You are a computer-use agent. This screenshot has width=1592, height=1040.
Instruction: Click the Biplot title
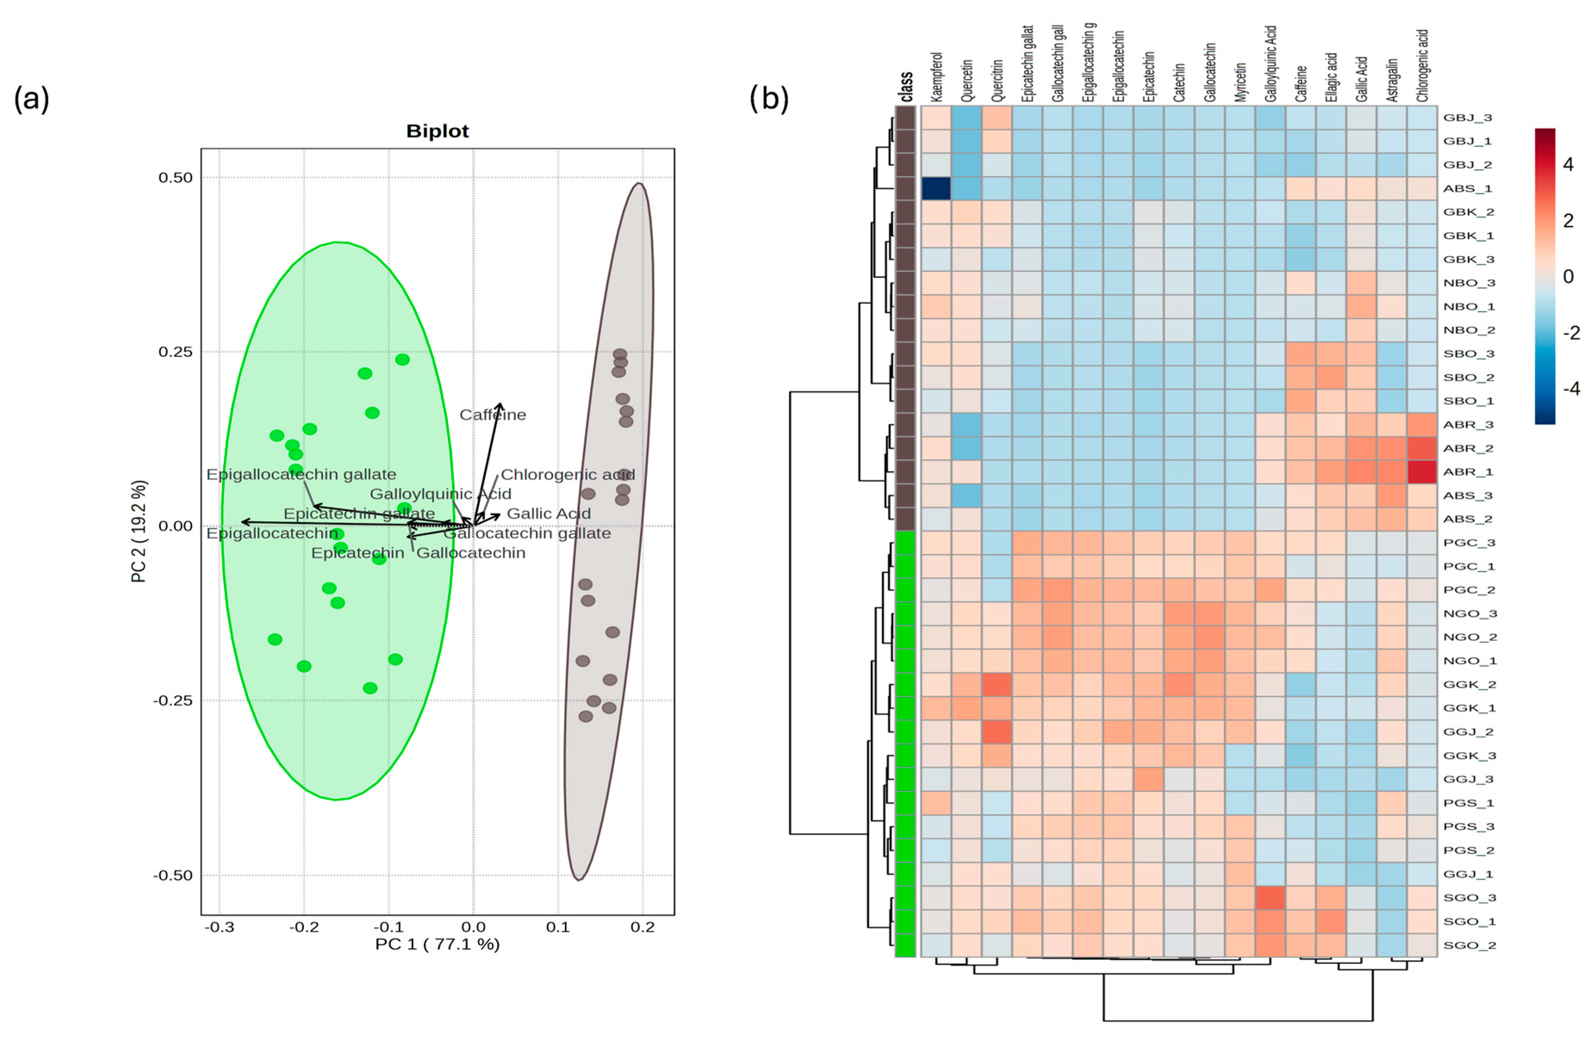click(438, 131)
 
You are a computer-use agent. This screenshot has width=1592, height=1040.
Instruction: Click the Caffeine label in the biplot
click(492, 415)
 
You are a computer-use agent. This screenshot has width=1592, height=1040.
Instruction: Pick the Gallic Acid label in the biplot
click(549, 514)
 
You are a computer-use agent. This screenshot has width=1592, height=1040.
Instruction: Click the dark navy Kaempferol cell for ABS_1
click(936, 189)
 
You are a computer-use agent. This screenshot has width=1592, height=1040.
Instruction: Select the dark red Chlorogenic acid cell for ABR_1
click(1421, 472)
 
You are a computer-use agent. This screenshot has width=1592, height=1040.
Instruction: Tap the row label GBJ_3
click(1467, 118)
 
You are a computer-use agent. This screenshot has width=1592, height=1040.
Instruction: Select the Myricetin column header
click(1240, 81)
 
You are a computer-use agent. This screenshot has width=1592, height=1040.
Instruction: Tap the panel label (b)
click(769, 98)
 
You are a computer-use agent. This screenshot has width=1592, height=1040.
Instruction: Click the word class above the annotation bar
click(906, 87)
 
